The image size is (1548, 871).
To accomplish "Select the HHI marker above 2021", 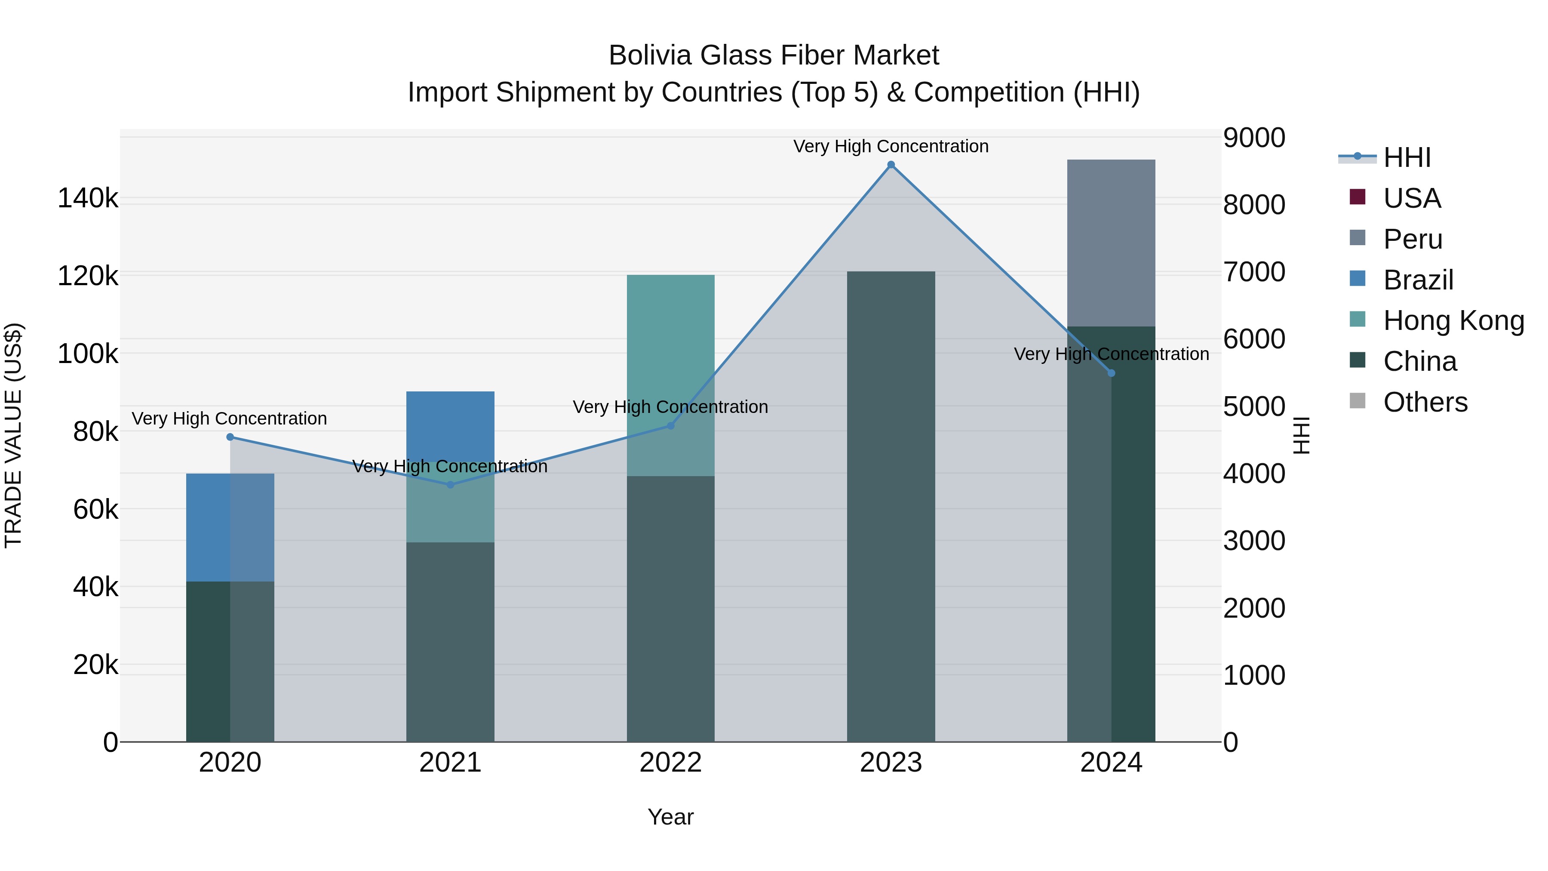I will [450, 484].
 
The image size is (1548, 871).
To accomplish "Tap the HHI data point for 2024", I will [1111, 373].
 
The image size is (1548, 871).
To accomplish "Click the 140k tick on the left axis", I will [88, 198].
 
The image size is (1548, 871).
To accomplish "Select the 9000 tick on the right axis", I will [1254, 138].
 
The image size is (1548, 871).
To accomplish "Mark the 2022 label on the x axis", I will [671, 763].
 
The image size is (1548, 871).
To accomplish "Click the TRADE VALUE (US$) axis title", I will [13, 435].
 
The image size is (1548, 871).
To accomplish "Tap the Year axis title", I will [671, 817].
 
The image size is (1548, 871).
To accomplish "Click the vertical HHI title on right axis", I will [1301, 435].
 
